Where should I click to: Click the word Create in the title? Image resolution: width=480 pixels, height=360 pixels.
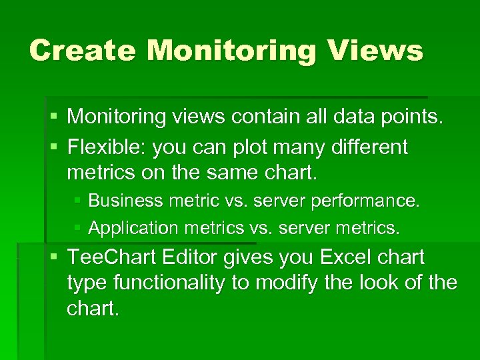pyautogui.click(x=82, y=51)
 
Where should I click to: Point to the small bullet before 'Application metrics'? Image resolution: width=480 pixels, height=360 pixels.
pyautogui.click(x=79, y=228)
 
